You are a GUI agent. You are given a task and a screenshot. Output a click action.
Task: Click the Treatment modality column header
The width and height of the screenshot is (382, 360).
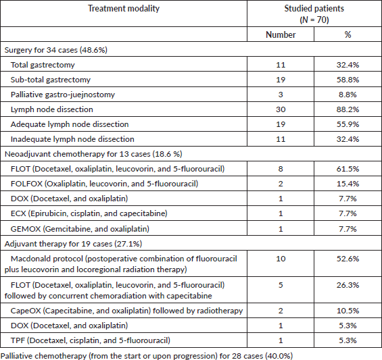(x=124, y=9)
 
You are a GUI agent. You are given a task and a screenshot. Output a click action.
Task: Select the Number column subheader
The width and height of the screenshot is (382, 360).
(x=281, y=34)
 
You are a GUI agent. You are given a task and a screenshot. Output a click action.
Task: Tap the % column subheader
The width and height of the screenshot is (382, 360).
(x=348, y=34)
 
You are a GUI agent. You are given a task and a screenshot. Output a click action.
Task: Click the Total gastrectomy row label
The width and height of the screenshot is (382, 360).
(x=43, y=65)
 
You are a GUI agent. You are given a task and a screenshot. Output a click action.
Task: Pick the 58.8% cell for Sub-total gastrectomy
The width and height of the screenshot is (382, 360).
(x=348, y=80)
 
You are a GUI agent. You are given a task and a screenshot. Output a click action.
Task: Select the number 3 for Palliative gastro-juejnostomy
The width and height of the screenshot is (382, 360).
(x=281, y=95)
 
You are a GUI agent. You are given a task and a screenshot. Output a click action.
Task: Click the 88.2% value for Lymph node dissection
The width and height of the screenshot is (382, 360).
(x=348, y=109)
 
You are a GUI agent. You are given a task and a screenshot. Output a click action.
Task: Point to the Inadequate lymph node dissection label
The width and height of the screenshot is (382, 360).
(x=72, y=139)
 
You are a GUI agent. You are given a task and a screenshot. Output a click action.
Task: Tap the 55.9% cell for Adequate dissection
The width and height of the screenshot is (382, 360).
(x=348, y=124)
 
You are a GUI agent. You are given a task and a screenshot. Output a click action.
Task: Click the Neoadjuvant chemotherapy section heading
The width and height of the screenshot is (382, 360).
(x=93, y=154)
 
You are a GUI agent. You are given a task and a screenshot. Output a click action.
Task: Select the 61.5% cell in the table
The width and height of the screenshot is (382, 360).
(x=348, y=169)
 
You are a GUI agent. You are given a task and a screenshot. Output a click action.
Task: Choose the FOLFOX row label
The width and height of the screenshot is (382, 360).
(x=104, y=184)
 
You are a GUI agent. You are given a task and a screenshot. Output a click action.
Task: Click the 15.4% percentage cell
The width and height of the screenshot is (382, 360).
(x=348, y=184)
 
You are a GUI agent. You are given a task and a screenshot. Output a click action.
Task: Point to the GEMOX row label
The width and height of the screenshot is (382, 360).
(x=80, y=229)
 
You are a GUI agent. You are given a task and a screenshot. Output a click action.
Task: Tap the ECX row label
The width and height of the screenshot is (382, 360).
(x=89, y=213)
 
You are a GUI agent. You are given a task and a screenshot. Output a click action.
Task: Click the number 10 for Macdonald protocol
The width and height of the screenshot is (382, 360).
(x=281, y=259)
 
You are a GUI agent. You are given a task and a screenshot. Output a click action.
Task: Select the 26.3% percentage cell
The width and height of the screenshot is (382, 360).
(x=348, y=285)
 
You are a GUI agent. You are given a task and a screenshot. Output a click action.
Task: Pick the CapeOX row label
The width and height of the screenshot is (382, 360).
(x=126, y=311)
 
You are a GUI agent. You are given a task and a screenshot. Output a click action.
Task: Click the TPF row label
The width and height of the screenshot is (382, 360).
(x=91, y=340)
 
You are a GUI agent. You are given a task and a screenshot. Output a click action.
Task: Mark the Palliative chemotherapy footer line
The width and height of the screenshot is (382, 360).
(x=147, y=356)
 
